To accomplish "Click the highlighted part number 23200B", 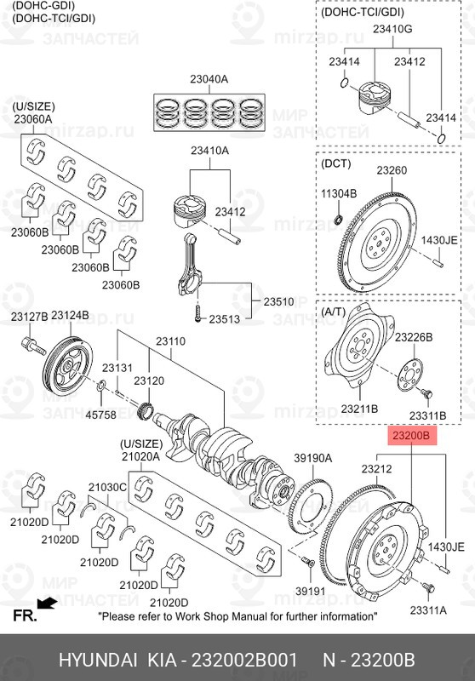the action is (x=411, y=435).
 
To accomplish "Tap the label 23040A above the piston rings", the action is (x=209, y=79).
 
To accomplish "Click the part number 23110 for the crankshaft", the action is (x=170, y=341).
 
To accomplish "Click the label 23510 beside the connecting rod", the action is (x=278, y=301).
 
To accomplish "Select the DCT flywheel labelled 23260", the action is (x=380, y=242).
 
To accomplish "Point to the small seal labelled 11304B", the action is (x=339, y=217).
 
